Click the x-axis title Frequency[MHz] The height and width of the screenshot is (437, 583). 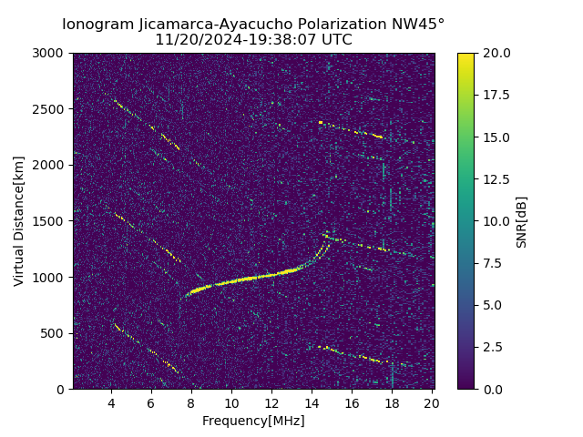point(253,421)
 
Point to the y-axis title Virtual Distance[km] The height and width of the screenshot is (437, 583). point(19,221)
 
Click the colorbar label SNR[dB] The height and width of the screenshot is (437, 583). point(522,221)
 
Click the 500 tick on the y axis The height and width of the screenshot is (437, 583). point(55,333)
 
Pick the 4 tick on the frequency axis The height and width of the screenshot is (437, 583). point(111,403)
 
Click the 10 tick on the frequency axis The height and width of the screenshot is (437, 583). point(231,403)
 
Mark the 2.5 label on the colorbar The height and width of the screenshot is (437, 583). point(493,347)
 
